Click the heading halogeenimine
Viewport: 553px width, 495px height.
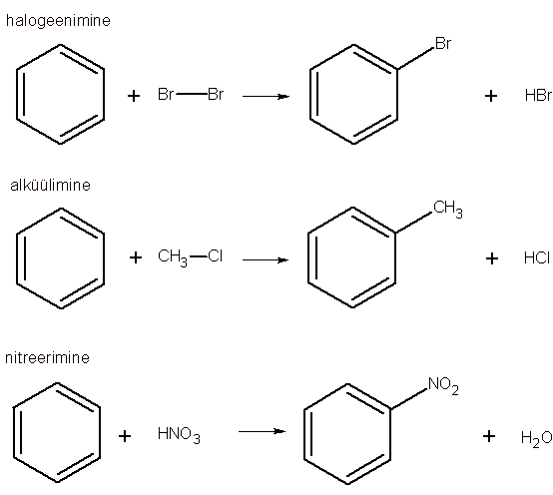coord(58,21)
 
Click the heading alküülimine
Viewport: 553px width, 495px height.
coord(51,185)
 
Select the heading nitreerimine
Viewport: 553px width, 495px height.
coord(47,358)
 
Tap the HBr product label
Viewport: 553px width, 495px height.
coord(539,95)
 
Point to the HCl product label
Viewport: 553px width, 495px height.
coord(537,257)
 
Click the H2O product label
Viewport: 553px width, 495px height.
coord(537,438)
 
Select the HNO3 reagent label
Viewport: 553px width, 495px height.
coord(179,435)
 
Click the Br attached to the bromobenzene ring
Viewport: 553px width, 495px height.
coord(443,43)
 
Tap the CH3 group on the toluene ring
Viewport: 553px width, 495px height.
coord(448,209)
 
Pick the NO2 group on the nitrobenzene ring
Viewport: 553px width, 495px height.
coord(443,385)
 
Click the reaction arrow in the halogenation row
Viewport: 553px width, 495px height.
coord(266,96)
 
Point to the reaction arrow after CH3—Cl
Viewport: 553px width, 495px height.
coord(266,260)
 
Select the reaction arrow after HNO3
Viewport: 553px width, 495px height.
coord(262,431)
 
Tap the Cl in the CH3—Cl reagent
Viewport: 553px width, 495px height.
coord(216,255)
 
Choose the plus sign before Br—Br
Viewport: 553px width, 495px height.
coord(134,96)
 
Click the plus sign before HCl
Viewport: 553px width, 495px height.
coord(492,258)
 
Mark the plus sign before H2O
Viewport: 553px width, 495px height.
coord(489,436)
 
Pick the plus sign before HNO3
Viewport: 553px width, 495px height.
coord(125,436)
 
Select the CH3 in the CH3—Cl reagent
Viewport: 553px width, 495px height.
coord(173,257)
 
